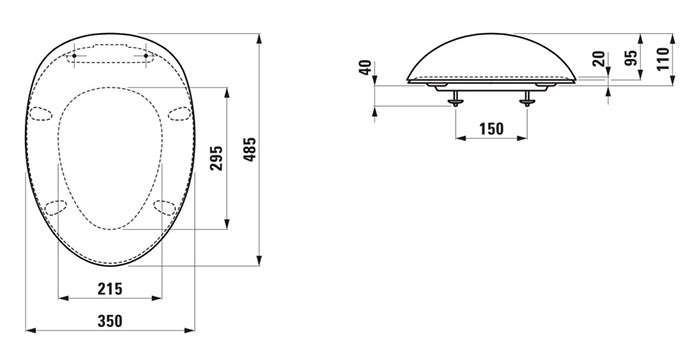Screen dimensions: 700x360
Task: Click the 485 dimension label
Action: [250, 150]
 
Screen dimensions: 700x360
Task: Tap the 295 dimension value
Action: [217, 158]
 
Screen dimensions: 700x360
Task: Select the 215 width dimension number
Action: [110, 289]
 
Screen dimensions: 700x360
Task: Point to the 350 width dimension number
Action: [110, 321]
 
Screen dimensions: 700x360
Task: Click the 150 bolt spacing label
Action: [492, 129]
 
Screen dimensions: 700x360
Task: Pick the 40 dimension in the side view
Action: [365, 67]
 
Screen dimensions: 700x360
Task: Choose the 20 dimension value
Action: [599, 59]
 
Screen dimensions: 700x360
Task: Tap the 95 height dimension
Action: [631, 58]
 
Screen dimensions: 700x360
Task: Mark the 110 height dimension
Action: [663, 59]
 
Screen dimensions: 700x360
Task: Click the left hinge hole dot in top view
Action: [74, 55]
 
